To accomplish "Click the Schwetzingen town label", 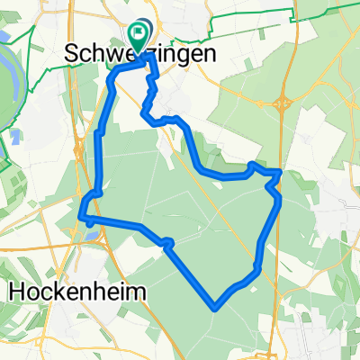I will [x=141, y=54].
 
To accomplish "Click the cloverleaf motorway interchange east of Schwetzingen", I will [x=285, y=103].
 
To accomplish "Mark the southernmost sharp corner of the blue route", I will [x=215, y=308].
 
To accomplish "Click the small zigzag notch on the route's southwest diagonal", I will [x=166, y=241].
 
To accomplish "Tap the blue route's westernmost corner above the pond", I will [x=82, y=216].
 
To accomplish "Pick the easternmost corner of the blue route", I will [x=282, y=171].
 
